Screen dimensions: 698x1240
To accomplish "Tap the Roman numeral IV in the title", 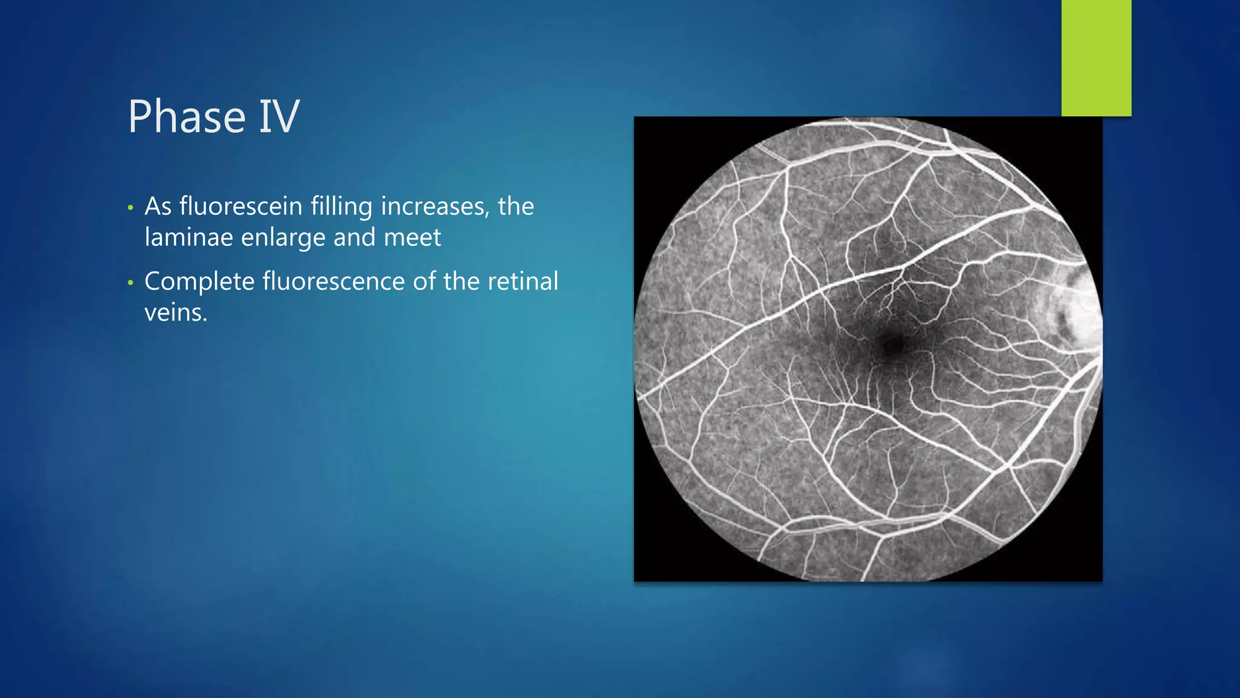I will tap(279, 116).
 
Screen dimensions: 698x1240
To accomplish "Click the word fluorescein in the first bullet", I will tap(241, 207).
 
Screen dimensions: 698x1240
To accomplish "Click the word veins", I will tap(176, 313).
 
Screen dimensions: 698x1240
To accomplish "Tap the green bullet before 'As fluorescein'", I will tap(130, 208).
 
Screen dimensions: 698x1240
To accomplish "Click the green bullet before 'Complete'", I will tap(130, 284).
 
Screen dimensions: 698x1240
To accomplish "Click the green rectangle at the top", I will tap(1096, 58).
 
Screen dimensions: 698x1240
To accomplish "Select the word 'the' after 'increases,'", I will tap(516, 207).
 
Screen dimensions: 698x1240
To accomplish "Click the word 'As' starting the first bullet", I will tap(158, 207).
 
